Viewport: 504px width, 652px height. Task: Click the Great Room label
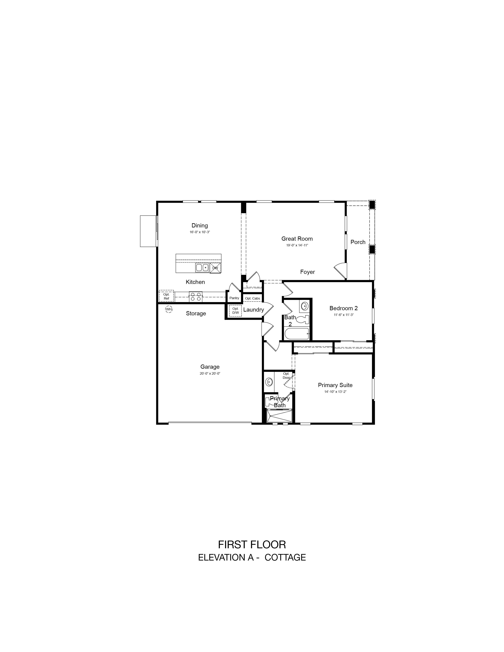297,238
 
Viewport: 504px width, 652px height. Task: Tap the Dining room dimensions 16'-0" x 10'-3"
200,232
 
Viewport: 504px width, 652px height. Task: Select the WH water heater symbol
169,309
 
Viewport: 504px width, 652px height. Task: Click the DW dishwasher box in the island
215,268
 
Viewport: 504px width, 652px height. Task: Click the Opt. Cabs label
253,298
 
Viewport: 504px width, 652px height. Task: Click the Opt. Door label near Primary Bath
286,376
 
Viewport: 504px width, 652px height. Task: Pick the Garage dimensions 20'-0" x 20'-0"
210,373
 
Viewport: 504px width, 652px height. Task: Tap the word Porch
358,242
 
